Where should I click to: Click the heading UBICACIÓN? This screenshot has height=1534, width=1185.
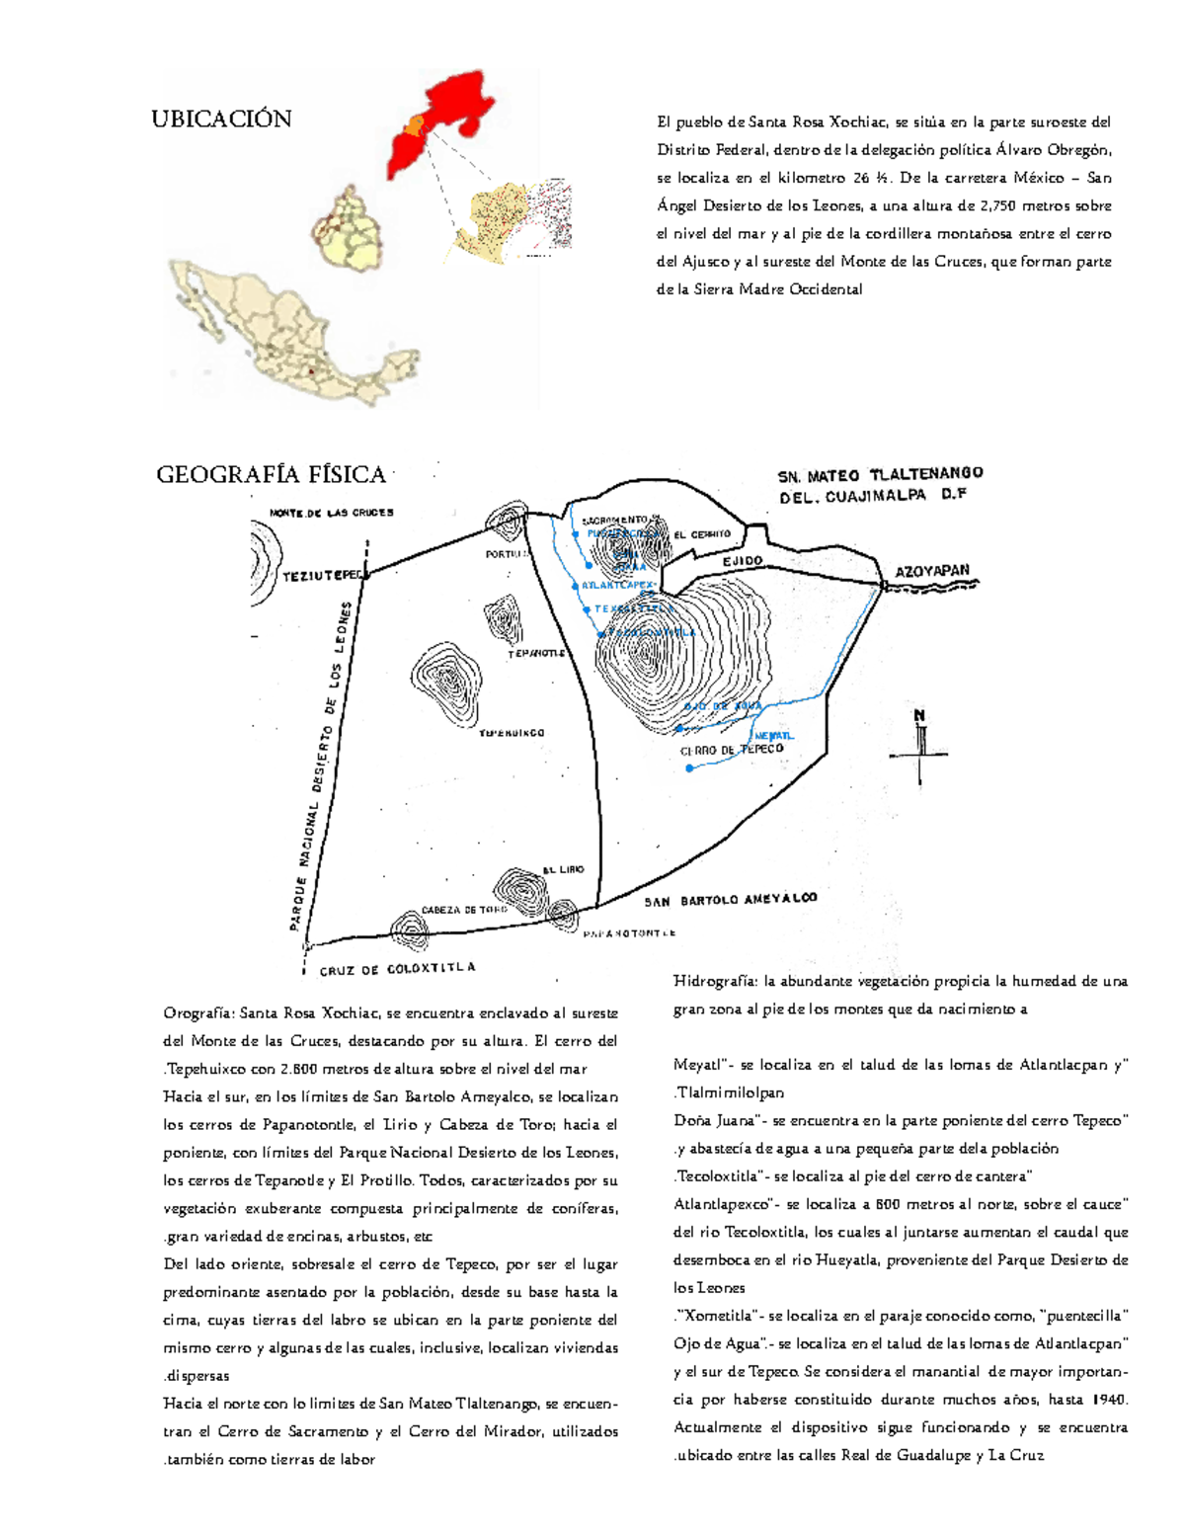[221, 120]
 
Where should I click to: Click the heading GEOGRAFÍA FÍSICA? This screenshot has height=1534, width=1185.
[271, 475]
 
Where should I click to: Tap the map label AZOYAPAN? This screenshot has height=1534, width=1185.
[932, 571]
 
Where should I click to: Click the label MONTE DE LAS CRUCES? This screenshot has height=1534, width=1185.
[332, 513]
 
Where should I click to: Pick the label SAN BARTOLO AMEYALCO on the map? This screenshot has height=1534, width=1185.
[731, 900]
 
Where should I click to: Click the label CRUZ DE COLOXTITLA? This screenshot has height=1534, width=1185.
[397, 969]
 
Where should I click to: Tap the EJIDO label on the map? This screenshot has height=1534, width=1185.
[743, 561]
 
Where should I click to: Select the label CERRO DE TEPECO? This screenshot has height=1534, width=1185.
[732, 750]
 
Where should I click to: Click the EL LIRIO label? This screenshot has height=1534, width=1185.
[563, 869]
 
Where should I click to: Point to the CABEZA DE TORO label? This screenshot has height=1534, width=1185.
[464, 910]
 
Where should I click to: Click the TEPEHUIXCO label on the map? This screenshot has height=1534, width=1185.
[512, 733]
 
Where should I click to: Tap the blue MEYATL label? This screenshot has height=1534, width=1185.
[773, 736]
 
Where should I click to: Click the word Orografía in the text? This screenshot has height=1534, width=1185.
[198, 1012]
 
